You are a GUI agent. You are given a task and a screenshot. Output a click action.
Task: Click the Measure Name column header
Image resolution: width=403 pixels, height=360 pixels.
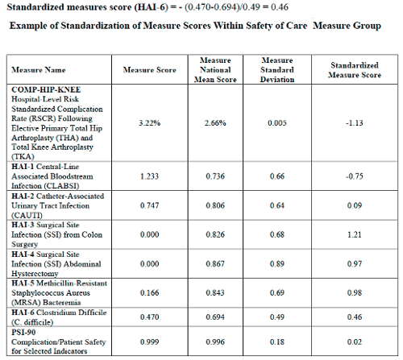point(39,70)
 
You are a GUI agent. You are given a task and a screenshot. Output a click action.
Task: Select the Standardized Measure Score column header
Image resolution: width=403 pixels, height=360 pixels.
point(355,70)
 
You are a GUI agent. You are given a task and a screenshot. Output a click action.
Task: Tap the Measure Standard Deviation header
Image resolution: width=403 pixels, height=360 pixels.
point(277,70)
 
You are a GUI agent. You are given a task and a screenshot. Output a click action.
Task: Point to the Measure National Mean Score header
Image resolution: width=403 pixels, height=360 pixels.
point(215,70)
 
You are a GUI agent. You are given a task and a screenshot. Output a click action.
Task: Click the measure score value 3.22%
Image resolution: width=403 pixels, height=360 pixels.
point(150,123)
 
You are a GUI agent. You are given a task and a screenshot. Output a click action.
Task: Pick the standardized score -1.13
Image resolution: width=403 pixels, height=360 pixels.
point(355,123)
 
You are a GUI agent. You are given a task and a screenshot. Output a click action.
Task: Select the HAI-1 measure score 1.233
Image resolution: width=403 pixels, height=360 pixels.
point(150,176)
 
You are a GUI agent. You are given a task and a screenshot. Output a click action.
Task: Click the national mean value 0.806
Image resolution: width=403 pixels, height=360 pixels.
point(215,205)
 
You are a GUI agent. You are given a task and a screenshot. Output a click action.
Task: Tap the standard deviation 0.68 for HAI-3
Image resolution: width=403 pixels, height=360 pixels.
point(277,234)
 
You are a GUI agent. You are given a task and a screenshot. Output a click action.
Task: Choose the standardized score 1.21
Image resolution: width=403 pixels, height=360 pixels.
point(355,234)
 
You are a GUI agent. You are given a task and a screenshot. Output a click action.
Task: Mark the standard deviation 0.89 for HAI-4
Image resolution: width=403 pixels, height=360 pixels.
point(277,264)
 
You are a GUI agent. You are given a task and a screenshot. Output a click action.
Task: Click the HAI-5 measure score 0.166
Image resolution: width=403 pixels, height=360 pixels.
point(150,292)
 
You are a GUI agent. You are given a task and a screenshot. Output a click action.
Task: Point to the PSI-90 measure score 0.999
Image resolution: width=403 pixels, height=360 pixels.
point(150,342)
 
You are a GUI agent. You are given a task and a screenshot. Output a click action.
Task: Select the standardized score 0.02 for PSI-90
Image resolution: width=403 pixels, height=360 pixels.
point(355,342)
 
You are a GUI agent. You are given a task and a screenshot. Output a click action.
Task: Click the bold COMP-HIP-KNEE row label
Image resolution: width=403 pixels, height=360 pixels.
point(46,89)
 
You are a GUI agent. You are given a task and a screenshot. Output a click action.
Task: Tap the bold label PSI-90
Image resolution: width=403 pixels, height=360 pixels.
point(23,333)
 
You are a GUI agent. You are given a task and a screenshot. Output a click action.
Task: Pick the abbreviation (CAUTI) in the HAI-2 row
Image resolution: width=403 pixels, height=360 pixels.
point(27,215)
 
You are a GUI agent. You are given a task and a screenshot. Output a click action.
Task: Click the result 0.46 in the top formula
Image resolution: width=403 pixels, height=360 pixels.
point(280,6)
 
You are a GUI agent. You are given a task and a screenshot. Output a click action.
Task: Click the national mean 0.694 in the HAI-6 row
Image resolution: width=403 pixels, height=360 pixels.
point(215,317)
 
